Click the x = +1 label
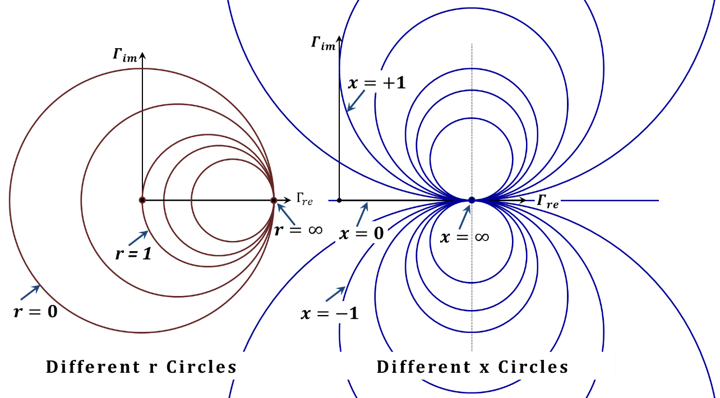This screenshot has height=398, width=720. (x=376, y=83)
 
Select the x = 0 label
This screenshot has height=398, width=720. (x=362, y=232)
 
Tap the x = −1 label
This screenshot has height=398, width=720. (x=330, y=312)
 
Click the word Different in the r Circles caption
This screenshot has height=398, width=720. (x=93, y=367)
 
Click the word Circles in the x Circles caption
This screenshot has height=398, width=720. (x=533, y=367)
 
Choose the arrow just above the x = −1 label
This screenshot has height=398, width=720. (x=336, y=293)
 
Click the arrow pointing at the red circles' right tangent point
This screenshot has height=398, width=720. (x=286, y=214)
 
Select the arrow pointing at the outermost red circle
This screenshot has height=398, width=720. (x=30, y=292)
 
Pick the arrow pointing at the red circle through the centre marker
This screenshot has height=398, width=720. (x=139, y=238)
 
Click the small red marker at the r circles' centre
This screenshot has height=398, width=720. (x=142, y=200)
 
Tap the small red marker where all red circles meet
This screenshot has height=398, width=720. (x=274, y=200)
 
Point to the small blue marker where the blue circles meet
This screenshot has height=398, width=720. (x=472, y=200)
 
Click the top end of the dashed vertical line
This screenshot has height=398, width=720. (x=472, y=45)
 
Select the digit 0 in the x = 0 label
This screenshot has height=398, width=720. (x=379, y=232)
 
